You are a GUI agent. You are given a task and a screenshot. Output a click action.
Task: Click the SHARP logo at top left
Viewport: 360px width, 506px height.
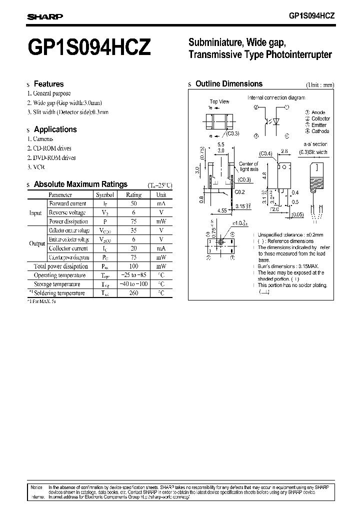click(x=44, y=16)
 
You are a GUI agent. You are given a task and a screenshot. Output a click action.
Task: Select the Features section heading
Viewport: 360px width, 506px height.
click(x=48, y=84)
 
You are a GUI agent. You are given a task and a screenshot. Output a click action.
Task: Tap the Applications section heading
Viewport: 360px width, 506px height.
click(x=55, y=129)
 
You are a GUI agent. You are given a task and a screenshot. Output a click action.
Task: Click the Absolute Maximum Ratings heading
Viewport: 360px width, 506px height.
click(x=80, y=184)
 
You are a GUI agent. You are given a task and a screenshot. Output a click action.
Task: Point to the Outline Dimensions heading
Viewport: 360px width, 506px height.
click(x=228, y=84)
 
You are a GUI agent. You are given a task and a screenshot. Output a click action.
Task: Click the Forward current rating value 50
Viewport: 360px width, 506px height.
click(x=133, y=203)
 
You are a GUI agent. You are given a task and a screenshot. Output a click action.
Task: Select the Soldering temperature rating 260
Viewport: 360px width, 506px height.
click(x=133, y=293)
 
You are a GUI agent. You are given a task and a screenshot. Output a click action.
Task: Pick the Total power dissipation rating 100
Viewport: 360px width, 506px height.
click(x=133, y=266)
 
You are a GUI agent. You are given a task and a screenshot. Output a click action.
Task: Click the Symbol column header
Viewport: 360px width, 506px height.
click(x=105, y=194)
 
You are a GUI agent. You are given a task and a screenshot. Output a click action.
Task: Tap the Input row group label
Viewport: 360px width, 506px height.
click(x=35, y=212)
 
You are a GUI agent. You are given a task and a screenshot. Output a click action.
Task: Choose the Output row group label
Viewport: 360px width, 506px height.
click(x=37, y=243)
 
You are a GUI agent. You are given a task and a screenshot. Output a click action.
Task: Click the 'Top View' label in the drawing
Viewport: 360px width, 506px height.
click(x=219, y=101)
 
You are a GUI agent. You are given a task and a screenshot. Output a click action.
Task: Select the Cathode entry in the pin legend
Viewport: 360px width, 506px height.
click(x=320, y=131)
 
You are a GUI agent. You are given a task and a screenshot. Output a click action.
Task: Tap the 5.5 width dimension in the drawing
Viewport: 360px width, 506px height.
click(x=220, y=144)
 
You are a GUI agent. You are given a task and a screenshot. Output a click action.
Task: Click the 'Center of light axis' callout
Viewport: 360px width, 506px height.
click(x=248, y=166)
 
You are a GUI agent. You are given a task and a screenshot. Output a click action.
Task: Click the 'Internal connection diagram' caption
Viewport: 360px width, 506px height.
click(x=276, y=97)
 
